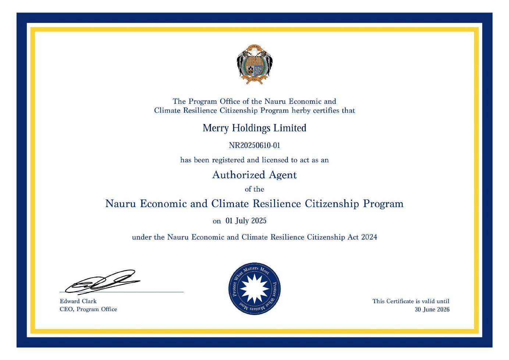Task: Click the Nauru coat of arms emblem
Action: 254,64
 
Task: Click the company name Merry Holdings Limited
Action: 254,128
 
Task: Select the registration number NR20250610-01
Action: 254,145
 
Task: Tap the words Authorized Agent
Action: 254,175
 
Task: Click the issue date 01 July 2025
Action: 246,221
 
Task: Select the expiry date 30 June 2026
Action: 432,310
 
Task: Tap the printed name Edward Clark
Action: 78,301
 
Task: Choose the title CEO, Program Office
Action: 88,309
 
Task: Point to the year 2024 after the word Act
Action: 369,237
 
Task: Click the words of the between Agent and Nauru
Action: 254,189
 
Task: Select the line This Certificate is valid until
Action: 411,301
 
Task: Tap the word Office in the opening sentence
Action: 230,102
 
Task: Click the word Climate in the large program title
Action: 230,204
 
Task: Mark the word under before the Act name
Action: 142,237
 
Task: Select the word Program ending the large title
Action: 383,204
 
